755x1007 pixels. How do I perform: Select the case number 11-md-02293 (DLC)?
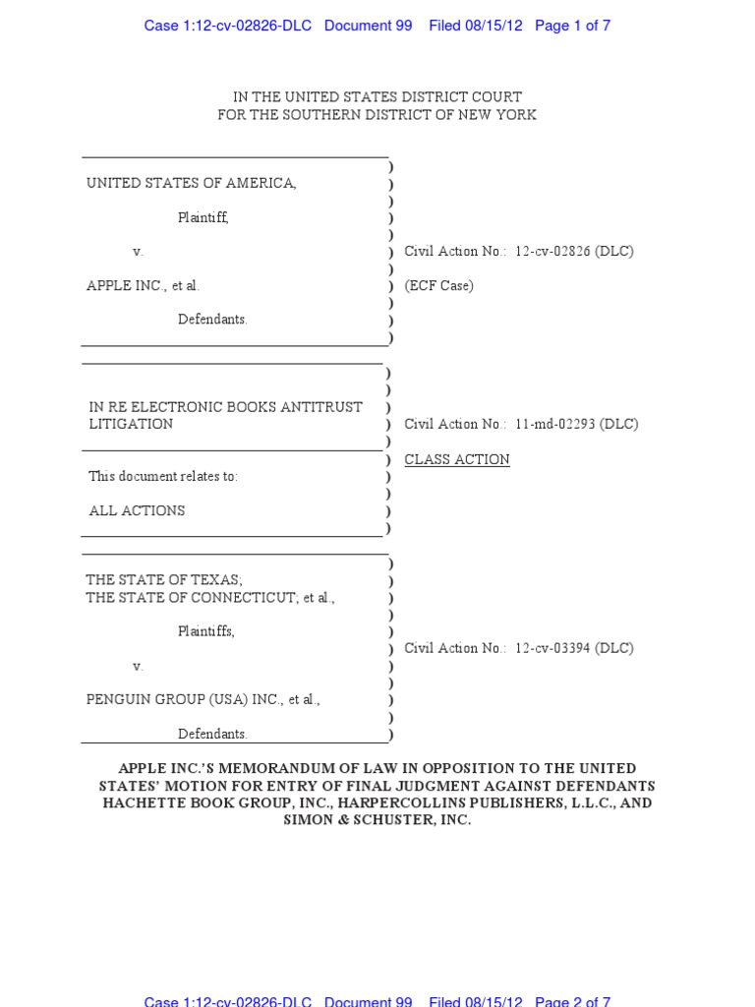coord(576,425)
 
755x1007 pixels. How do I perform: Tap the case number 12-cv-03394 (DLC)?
coord(574,649)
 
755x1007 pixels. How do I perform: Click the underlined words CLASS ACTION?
coord(457,459)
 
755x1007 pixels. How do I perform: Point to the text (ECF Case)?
coord(438,286)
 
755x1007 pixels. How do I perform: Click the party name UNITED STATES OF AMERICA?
coord(191,183)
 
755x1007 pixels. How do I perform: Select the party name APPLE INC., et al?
coord(143,286)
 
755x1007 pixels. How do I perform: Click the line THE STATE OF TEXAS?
coord(163,580)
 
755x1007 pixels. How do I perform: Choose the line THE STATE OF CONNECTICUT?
coord(191,598)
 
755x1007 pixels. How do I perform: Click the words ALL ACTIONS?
coord(137,511)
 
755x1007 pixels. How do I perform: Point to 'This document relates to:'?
coord(163,477)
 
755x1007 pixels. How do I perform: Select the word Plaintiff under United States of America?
coord(203,217)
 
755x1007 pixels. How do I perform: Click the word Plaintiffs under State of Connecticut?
coord(206,631)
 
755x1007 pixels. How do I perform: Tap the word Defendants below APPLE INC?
coord(212,320)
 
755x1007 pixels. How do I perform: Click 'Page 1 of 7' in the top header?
coord(572,26)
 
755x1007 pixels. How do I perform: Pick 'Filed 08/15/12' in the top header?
coord(476,26)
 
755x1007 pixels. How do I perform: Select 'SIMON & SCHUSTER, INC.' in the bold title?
coord(377,820)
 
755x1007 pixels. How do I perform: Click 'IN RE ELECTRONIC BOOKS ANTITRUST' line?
coord(225,407)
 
